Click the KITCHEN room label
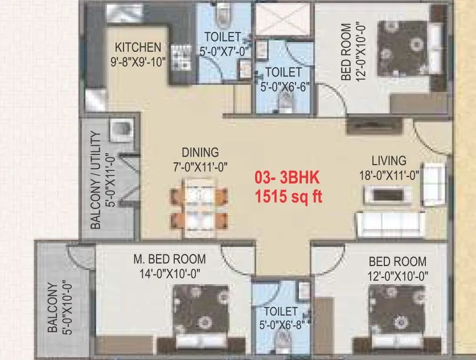tap(138, 47)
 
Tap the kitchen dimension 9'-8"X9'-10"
tap(138, 61)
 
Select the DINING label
tap(200, 153)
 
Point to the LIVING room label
tap(389, 160)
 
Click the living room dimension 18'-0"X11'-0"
tap(388, 175)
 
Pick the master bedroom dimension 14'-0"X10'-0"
tap(169, 273)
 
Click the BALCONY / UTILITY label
tap(97, 181)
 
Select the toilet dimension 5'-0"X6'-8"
tap(280, 326)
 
